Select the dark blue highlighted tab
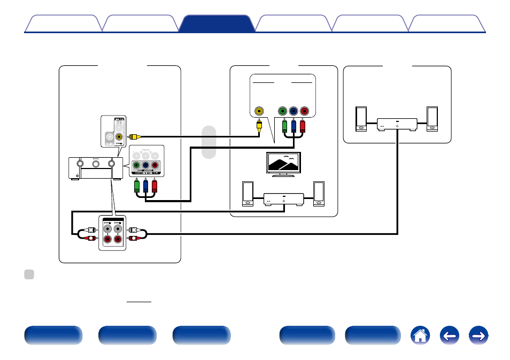[217, 24]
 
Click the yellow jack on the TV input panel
[259, 111]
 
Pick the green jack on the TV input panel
[282, 111]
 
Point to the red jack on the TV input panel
[305, 111]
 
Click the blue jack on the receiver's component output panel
[145, 166]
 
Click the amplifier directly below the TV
[283, 199]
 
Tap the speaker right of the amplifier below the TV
[319, 194]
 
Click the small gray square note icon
[29, 274]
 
